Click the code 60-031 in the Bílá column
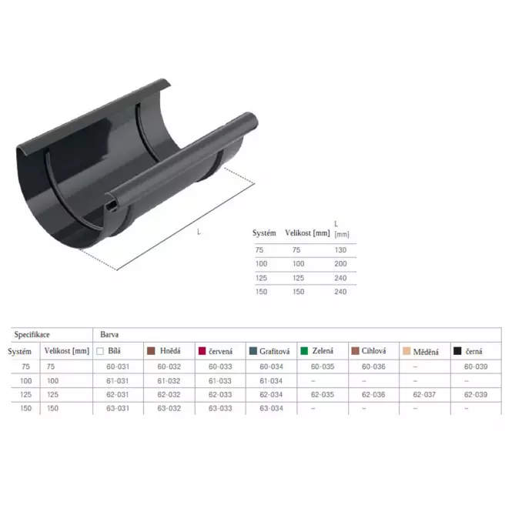[118, 366]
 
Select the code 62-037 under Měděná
[424, 395]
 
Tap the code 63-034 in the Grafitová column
[271, 409]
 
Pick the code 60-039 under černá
[476, 366]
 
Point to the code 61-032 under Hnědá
[169, 381]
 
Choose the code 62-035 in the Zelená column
[323, 395]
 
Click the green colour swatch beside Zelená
[304, 351]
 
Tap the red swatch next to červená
[202, 351]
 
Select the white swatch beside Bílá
[100, 351]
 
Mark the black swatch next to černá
[457, 351]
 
